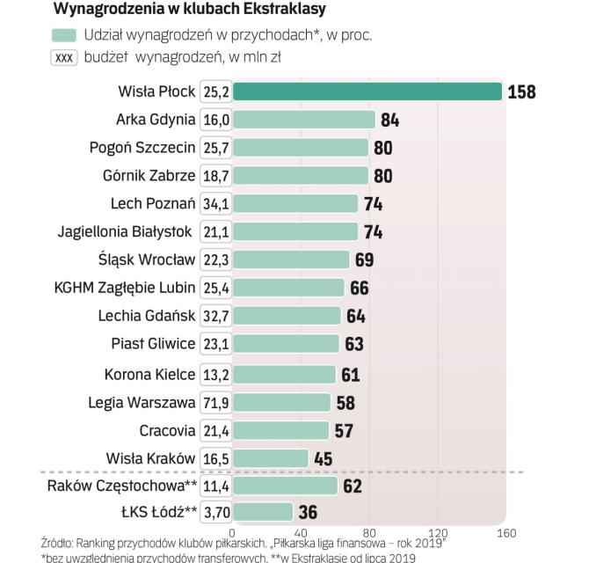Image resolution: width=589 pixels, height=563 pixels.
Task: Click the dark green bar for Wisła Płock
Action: tap(367, 91)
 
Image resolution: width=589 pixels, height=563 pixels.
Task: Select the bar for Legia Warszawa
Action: tap(281, 403)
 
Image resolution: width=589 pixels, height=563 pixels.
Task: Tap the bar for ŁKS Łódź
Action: tap(263, 512)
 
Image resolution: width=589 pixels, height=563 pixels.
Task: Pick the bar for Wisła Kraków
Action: tap(271, 458)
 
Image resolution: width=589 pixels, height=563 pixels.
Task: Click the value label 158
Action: tap(521, 91)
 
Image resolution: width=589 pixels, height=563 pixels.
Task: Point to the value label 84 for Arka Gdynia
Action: tap(389, 120)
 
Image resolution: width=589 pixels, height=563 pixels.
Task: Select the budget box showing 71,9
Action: tap(216, 403)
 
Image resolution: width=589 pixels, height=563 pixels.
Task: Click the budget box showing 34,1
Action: tap(216, 204)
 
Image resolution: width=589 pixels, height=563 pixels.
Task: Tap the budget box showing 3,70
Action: tap(216, 512)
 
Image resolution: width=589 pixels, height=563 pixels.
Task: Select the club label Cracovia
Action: tap(167, 430)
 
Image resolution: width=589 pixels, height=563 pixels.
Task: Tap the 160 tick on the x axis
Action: tap(505, 533)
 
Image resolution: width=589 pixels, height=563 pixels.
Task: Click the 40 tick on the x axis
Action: tap(301, 533)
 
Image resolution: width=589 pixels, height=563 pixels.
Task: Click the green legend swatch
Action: tap(64, 35)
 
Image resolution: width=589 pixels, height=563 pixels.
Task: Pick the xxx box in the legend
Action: tap(65, 57)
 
